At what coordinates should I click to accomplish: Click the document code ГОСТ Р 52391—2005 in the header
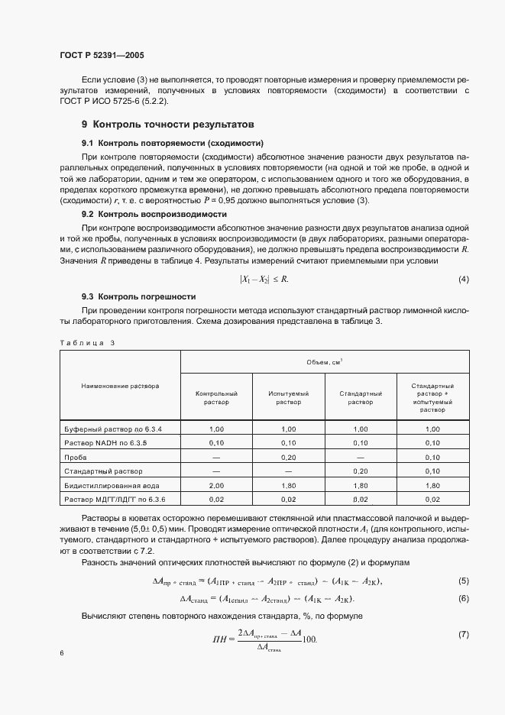(102, 56)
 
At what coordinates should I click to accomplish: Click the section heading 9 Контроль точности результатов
(168, 124)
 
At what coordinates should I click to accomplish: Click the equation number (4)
(463, 280)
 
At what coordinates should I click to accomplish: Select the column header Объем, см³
(325, 361)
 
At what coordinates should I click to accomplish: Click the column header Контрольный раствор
(216, 397)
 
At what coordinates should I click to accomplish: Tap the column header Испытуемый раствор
(288, 397)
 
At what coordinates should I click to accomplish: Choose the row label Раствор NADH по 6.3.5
(107, 443)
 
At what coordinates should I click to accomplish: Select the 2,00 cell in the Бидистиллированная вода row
(216, 485)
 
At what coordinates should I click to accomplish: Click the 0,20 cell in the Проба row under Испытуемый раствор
(288, 457)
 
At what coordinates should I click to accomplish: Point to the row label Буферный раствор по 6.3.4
(113, 429)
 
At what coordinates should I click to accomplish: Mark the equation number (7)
(463, 635)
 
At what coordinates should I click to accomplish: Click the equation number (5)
(463, 581)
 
